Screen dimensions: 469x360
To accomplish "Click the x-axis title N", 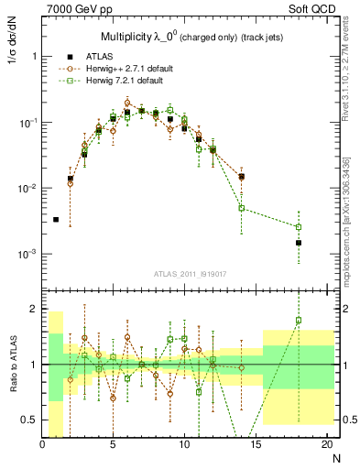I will [335, 458].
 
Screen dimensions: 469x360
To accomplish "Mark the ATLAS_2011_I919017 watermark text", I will [191, 272].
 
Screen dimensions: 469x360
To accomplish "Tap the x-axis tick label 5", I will [113, 446].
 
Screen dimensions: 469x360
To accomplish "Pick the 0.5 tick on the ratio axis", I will [32, 420].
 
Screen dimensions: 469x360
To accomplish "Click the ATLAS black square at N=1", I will [56, 220].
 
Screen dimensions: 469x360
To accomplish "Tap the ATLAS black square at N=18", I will [298, 243].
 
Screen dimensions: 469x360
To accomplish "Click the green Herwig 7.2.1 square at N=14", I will [241, 208].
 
